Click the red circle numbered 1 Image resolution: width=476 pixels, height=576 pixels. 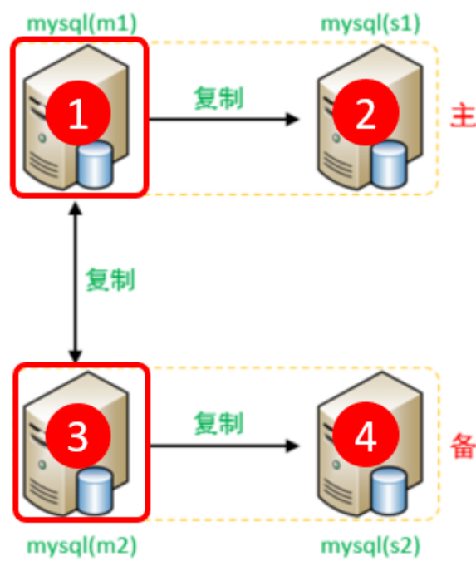pos(77,115)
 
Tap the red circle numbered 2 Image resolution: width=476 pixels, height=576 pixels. pos(366,115)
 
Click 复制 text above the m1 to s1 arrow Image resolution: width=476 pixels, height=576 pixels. pos(218,98)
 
